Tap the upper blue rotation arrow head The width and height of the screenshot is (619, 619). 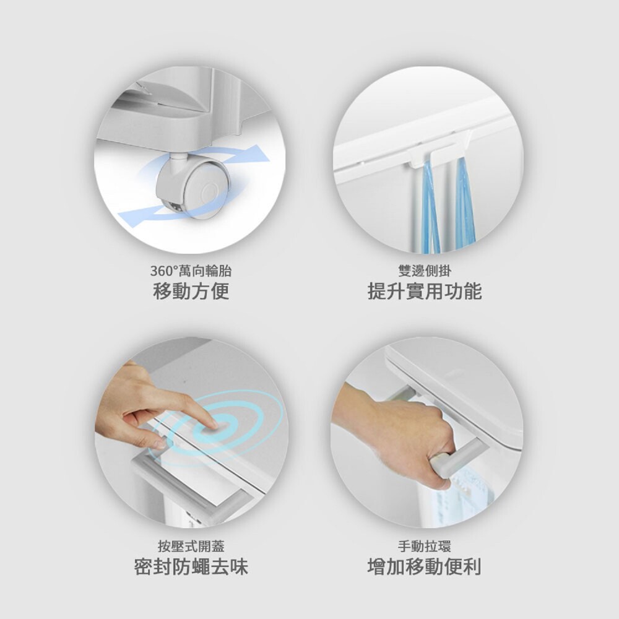tap(257, 154)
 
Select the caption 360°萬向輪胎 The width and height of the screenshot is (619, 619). tap(191, 271)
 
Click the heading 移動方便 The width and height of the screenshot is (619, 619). tap(191, 292)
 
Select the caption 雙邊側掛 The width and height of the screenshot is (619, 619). tap(425, 271)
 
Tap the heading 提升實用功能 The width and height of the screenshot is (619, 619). tap(425, 292)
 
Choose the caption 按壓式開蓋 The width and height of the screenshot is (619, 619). tap(191, 547)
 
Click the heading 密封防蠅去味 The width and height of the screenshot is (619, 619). tap(191, 567)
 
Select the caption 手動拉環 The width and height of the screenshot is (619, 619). tap(425, 547)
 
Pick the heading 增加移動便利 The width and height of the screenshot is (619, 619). tap(425, 567)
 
